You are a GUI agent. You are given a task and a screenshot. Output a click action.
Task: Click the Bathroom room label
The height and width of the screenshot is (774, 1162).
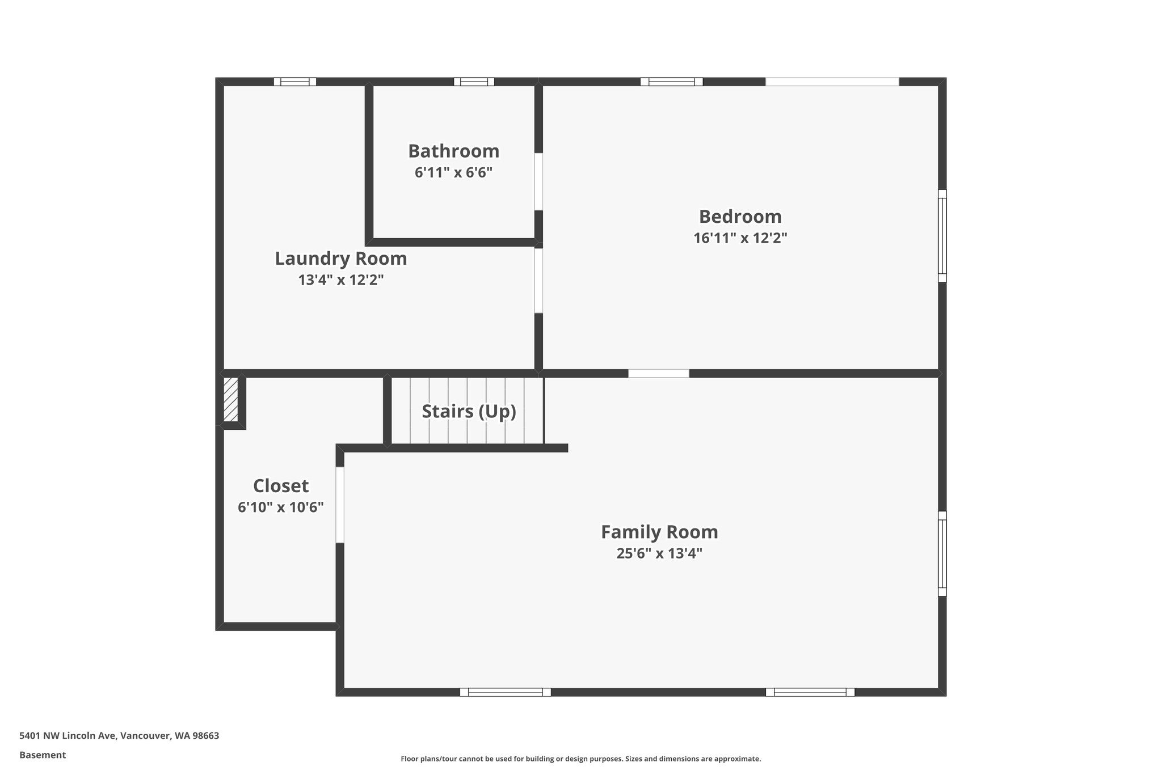453,151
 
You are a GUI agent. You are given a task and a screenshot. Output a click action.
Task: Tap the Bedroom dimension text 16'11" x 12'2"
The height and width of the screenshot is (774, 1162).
740,238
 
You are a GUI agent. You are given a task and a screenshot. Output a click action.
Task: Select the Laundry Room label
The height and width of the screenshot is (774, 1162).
340,259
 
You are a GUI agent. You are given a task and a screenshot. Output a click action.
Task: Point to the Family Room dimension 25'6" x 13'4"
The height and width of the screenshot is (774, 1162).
659,553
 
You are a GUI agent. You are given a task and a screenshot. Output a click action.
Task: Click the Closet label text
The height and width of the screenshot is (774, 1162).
281,486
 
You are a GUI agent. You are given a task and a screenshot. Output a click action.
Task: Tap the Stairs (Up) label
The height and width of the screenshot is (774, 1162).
469,411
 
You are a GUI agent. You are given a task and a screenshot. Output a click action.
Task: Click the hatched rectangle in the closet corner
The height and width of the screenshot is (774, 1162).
230,399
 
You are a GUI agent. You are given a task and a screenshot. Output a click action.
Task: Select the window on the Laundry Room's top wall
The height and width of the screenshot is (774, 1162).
295,82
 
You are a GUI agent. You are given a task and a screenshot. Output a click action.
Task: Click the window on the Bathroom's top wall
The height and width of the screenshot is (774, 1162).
474,82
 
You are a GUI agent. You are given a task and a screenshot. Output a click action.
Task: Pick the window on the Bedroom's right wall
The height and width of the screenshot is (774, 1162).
942,235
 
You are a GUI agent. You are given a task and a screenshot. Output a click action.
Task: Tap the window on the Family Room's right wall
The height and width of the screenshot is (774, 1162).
942,553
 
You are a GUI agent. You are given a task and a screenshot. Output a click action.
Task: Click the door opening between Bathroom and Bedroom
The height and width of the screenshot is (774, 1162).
538,181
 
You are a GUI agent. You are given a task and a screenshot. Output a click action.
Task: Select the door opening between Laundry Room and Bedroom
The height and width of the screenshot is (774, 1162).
538,281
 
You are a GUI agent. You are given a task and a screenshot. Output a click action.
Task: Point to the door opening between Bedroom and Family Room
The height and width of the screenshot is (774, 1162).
658,373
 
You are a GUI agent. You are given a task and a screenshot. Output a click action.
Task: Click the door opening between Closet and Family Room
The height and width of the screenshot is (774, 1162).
340,505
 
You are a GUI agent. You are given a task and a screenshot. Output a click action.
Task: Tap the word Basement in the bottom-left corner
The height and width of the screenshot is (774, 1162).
43,755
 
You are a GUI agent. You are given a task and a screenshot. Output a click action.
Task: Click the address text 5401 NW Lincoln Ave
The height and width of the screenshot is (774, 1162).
119,735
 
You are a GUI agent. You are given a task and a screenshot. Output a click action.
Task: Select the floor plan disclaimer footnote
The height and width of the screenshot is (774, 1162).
580,759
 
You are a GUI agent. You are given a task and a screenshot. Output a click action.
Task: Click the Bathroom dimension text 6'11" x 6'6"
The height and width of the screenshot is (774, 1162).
453,172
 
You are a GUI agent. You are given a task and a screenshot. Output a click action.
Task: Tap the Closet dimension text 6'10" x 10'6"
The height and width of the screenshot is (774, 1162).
281,507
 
